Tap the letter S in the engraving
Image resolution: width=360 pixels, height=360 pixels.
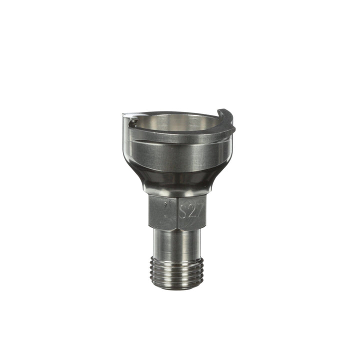(x=183, y=212)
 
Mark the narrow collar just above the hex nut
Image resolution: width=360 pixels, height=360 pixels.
(x=175, y=192)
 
